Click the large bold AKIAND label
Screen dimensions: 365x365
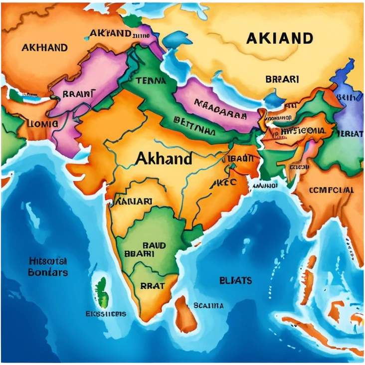(x=279, y=38)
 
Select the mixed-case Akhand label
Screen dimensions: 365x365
(x=163, y=159)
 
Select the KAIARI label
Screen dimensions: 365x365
(x=134, y=202)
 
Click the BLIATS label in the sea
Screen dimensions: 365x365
(x=235, y=280)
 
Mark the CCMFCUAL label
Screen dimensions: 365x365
(x=332, y=190)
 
